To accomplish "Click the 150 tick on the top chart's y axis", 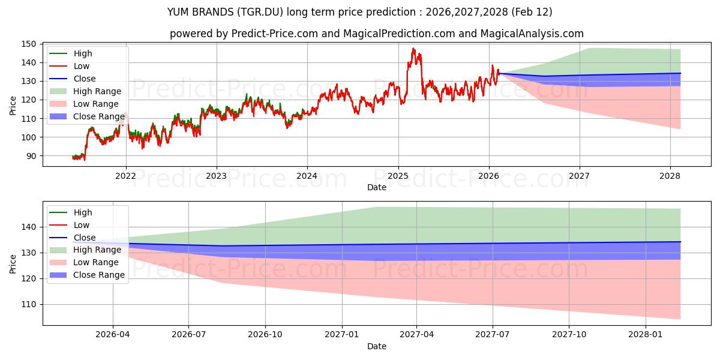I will tap(29, 44).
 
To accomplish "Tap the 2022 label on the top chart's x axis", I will tap(125, 176).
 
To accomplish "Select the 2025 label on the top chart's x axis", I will tap(398, 176).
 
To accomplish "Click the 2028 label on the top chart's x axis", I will tap(670, 176).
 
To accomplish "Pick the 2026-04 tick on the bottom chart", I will tap(113, 335).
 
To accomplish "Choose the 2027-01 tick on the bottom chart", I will tap(342, 335).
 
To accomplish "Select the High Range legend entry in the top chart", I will tap(97, 91).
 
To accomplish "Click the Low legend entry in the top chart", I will tap(82, 66).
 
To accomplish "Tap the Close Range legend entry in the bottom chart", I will tap(99, 275).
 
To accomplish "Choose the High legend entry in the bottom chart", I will tap(83, 212).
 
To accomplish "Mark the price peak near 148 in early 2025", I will tap(413, 49).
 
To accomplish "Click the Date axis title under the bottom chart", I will tap(376, 346).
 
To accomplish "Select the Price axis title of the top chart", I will tap(13, 106).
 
